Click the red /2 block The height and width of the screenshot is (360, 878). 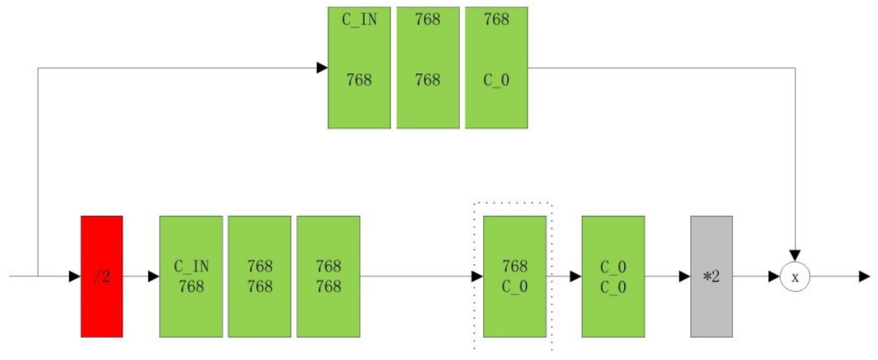[x=102, y=276]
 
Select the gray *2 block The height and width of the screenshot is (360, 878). [x=711, y=276]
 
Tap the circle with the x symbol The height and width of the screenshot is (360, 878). [x=795, y=277]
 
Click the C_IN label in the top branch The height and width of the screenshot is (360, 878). [x=359, y=19]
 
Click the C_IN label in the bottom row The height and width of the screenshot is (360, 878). [x=191, y=266]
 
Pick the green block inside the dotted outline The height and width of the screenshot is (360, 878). [x=515, y=276]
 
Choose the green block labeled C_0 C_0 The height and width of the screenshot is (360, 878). [x=613, y=276]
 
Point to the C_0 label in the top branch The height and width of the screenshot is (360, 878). [x=496, y=80]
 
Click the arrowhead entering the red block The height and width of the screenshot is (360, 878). [x=74, y=276]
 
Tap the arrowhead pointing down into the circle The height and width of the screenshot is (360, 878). [x=795, y=255]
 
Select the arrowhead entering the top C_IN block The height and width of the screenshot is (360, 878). [x=322, y=68]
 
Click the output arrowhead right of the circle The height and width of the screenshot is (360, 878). [x=864, y=276]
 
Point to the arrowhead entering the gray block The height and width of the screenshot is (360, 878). [x=684, y=276]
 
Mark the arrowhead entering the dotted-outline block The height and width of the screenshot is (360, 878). [x=477, y=276]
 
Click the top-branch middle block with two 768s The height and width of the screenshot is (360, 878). [x=427, y=68]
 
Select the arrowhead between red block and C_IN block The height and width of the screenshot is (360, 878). [x=153, y=276]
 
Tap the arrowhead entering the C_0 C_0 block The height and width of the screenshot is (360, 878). [x=575, y=276]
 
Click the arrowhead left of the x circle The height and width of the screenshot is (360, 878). [x=774, y=276]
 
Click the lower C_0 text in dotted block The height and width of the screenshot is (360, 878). [x=515, y=287]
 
